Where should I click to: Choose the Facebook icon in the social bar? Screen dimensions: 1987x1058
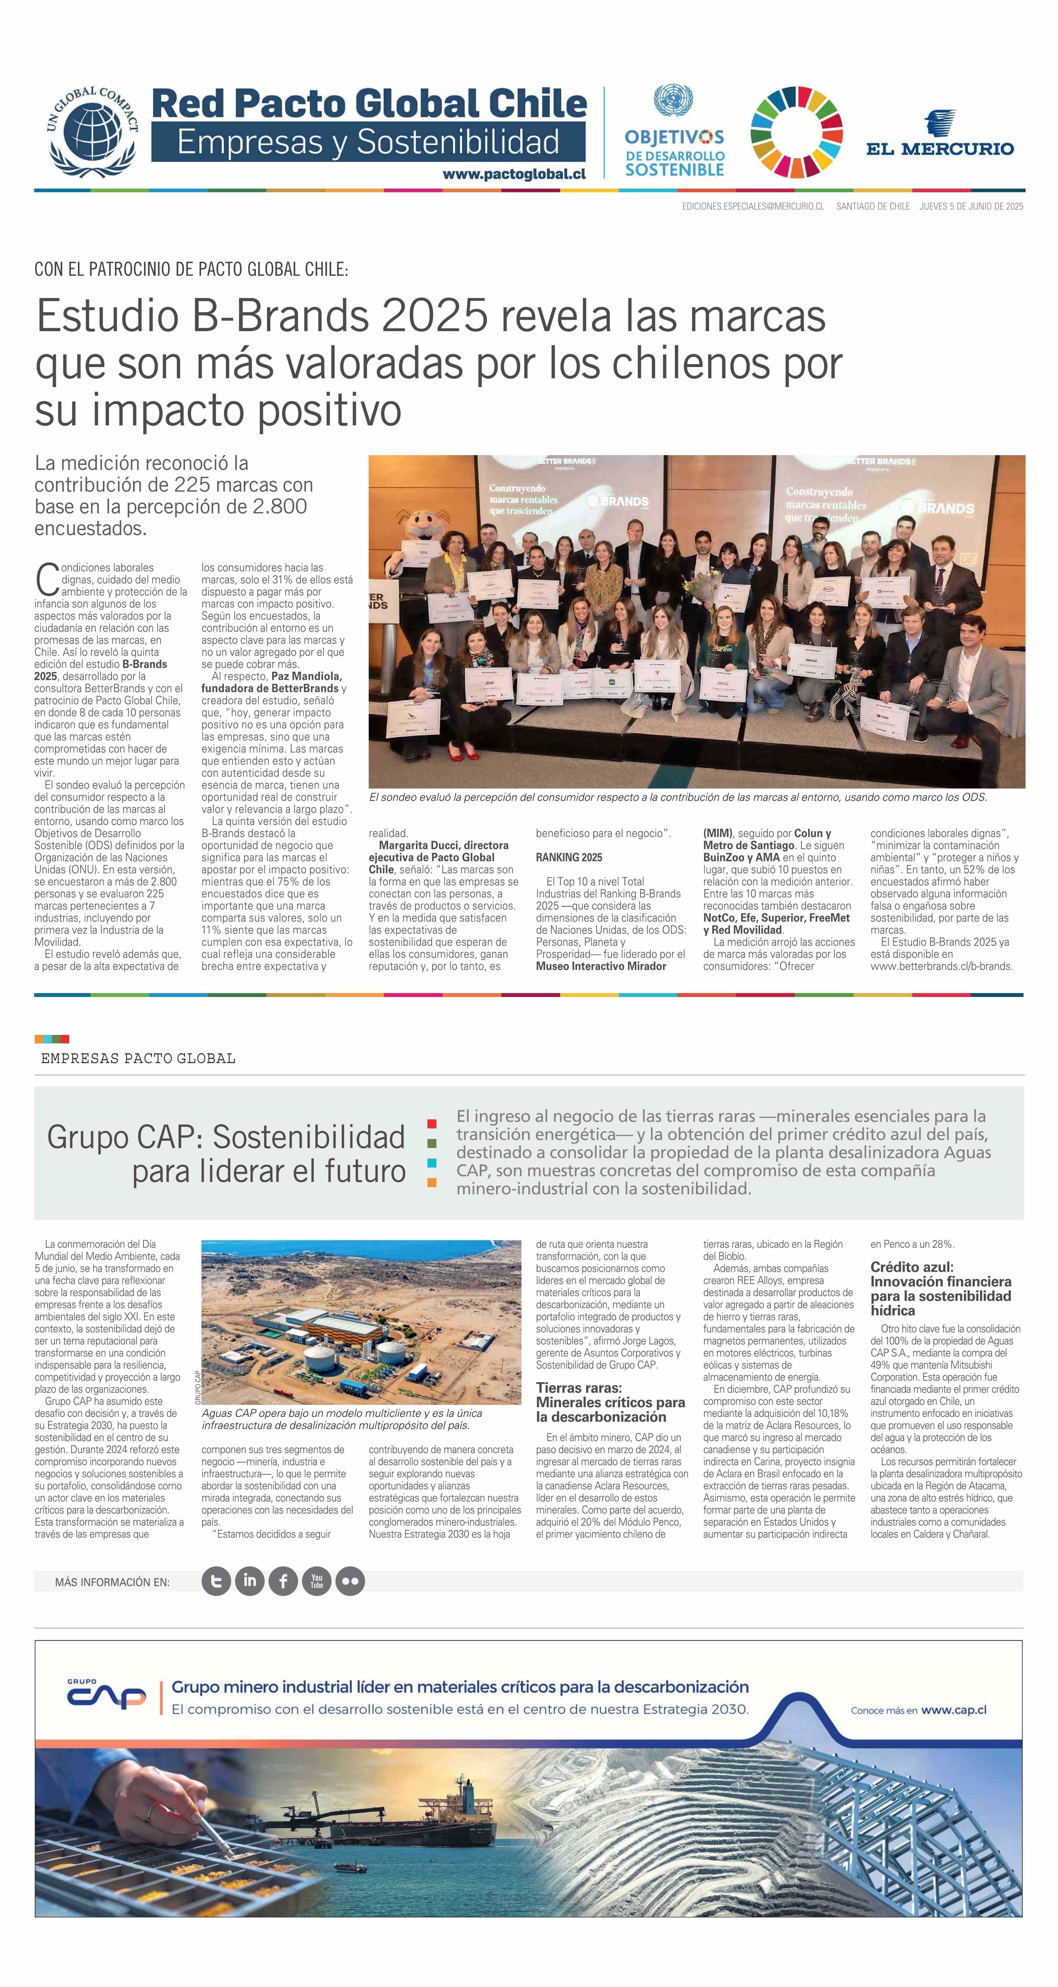coord(283,1581)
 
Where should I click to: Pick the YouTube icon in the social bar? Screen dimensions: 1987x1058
coord(316,1581)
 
